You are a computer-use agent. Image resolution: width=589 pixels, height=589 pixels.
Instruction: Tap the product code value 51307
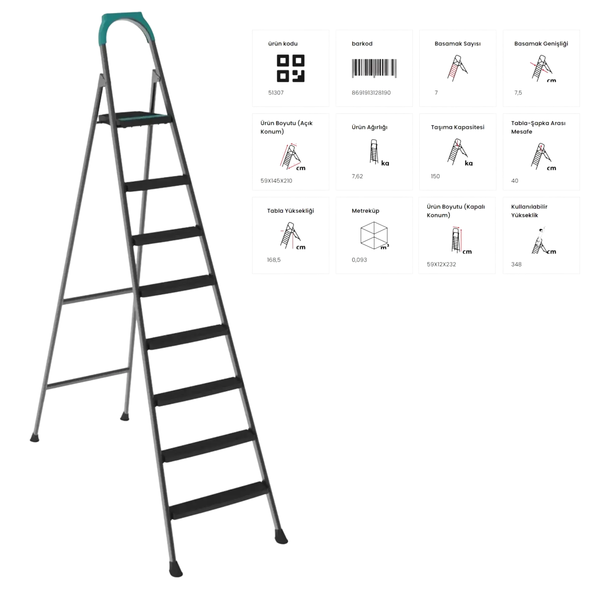[276, 93]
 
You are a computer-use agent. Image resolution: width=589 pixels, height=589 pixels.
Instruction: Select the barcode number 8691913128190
[371, 93]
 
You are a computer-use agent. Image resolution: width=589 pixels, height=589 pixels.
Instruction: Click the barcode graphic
[374, 68]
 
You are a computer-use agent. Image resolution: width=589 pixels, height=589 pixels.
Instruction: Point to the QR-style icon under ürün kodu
[291, 68]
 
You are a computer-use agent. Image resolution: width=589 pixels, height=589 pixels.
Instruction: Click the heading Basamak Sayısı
[457, 44]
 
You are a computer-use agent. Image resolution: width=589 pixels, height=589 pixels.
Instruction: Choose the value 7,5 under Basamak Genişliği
[518, 93]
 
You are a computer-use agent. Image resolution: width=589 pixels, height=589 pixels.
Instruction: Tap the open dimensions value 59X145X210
[276, 181]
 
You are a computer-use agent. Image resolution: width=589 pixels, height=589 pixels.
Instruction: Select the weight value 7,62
[357, 176]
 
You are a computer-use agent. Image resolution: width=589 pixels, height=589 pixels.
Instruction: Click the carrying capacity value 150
[435, 176]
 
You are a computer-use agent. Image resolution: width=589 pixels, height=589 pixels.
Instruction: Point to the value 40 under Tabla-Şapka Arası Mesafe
[514, 181]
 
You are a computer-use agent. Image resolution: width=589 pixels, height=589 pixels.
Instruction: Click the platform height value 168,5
[274, 260]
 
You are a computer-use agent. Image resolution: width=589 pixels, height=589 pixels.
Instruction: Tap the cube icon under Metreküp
[374, 235]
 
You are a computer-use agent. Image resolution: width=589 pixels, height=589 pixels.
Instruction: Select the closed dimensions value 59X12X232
[441, 264]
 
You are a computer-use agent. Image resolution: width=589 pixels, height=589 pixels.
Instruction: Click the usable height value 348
[516, 264]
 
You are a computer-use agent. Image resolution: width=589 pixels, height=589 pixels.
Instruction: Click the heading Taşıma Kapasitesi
[457, 127]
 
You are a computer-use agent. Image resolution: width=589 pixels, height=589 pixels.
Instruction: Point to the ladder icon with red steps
[457, 68]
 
